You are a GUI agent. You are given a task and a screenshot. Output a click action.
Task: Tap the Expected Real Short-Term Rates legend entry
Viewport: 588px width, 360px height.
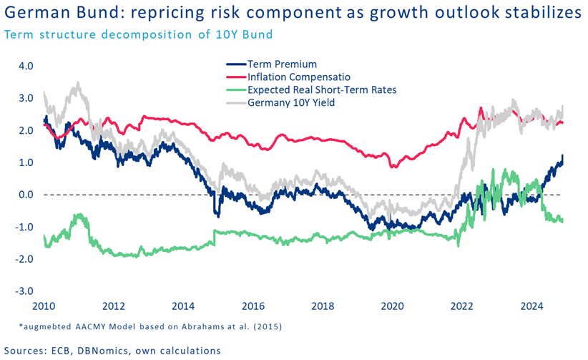[x=321, y=90]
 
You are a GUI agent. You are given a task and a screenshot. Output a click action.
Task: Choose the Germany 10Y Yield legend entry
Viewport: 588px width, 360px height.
[x=290, y=102]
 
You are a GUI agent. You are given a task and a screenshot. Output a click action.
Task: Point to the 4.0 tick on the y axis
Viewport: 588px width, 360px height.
[x=26, y=66]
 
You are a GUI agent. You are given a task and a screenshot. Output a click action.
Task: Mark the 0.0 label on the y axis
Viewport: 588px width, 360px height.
[x=26, y=195]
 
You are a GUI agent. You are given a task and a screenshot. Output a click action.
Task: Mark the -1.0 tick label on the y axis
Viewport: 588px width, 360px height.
[x=24, y=227]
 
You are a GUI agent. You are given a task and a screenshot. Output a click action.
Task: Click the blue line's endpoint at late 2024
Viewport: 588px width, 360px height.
[x=562, y=155]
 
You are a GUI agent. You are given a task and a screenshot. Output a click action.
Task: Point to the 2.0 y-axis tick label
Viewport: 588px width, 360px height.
[x=26, y=130]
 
